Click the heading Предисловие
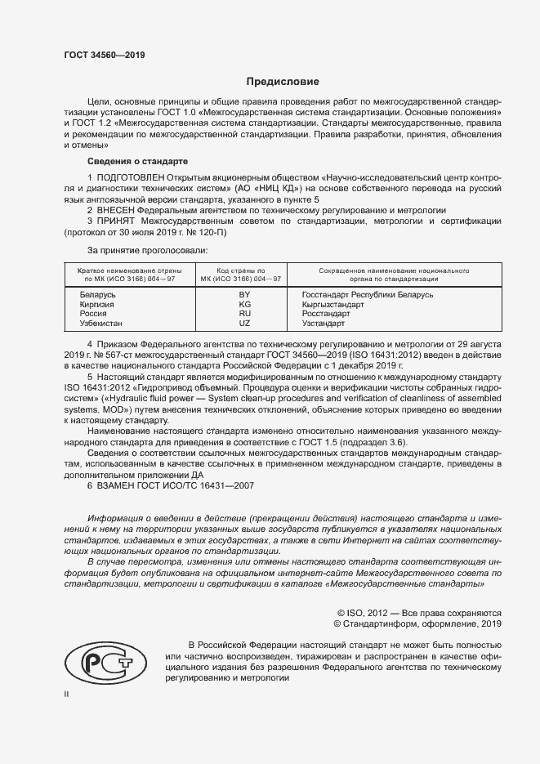(283, 82)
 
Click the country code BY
(243, 293)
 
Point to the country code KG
(243, 304)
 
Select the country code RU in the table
(243, 314)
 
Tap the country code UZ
(243, 324)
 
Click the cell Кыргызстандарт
(332, 304)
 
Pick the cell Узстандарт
(326, 324)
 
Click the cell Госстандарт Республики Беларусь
(367, 293)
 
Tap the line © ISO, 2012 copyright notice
(419, 612)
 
